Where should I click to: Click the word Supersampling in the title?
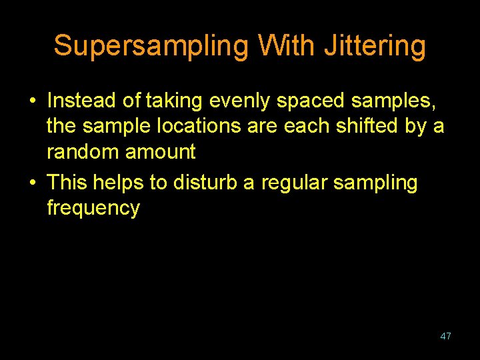151,46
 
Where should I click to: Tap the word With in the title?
287,46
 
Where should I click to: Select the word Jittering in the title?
375,46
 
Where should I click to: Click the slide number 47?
445,336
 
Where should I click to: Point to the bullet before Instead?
32,102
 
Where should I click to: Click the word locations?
198,126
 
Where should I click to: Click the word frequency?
93,207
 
